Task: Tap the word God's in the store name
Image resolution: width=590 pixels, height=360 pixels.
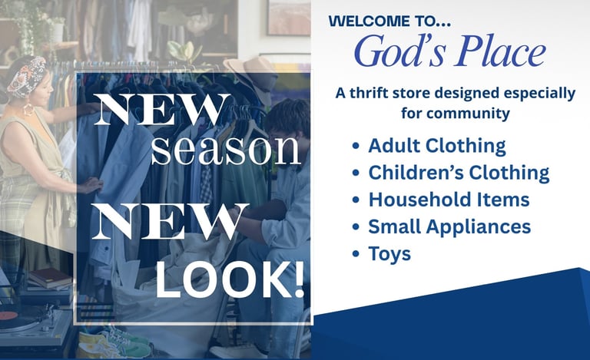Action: coord(399,51)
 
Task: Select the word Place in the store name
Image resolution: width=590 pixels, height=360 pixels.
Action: coord(501,51)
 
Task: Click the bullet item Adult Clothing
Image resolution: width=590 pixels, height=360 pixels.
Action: coord(437,146)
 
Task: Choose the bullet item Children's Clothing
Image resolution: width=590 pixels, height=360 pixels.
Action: coord(459,173)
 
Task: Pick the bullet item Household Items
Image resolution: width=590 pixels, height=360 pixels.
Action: coord(449,200)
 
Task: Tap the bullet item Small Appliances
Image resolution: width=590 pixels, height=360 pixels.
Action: coord(449,226)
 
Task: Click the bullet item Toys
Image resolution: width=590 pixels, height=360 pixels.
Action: coord(389,254)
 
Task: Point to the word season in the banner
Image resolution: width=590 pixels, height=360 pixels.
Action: coord(226,150)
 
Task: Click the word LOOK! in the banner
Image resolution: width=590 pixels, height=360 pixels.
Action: coord(230,279)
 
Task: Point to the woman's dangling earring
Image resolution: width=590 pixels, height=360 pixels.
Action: coord(28,109)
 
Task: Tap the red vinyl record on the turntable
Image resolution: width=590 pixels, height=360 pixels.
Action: coord(8,315)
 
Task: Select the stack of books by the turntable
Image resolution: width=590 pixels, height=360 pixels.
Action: coord(49,279)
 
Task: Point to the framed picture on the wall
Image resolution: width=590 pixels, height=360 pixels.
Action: coord(289,18)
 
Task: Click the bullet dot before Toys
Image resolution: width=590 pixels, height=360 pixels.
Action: coord(356,253)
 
